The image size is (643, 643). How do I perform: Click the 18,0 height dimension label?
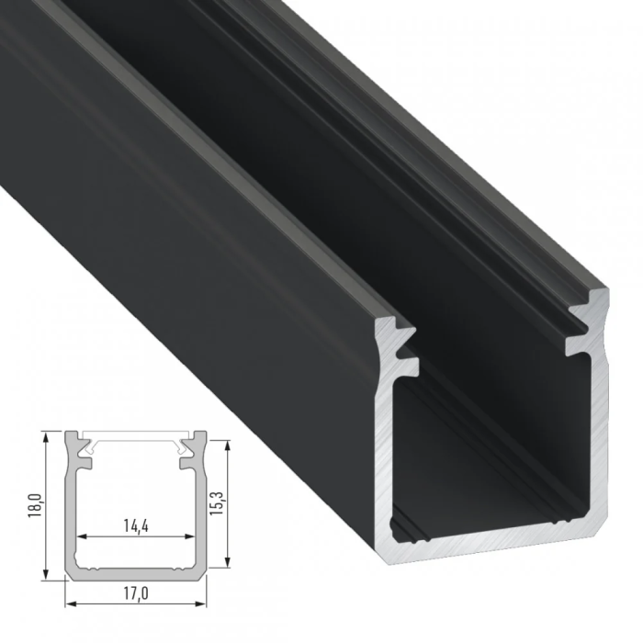tap(33, 505)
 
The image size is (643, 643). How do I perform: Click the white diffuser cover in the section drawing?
tap(135, 434)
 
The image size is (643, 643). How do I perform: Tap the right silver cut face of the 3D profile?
tap(598, 413)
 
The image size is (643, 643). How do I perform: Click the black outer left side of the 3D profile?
tap(184, 276)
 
